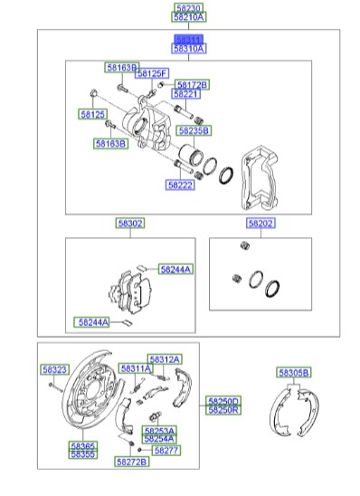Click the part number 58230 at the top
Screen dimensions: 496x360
[x=189, y=7]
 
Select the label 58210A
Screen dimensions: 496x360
[x=189, y=17]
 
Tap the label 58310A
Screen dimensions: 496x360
[x=189, y=49]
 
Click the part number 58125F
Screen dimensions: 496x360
[x=153, y=72]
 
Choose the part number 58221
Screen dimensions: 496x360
[x=185, y=94]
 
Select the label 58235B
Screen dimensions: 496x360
[x=193, y=130]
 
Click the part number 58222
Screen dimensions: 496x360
[x=180, y=185]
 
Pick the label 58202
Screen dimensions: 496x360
[x=261, y=223]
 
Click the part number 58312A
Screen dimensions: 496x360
[x=165, y=358]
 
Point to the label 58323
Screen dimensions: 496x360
[x=54, y=369]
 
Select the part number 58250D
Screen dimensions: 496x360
[x=223, y=401]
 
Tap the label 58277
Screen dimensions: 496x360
[x=166, y=449]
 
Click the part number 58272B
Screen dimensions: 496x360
[x=131, y=462]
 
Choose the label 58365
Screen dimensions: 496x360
[x=83, y=445]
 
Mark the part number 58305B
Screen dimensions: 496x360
[x=293, y=372]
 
